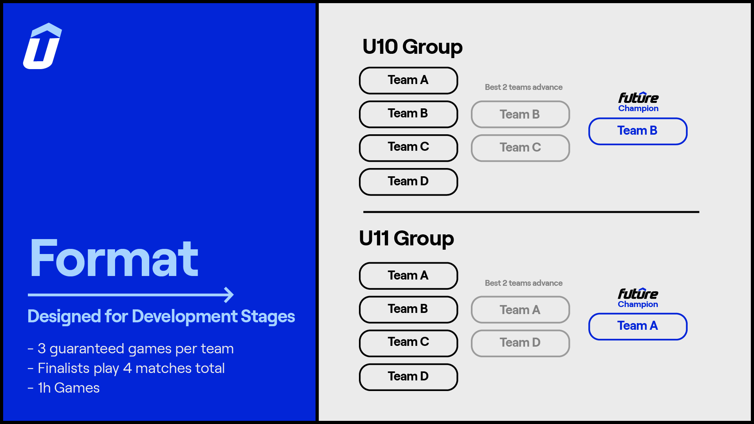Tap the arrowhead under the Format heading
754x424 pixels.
tap(229, 295)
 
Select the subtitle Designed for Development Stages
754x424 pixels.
tap(161, 316)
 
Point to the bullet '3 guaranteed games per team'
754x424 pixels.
tap(131, 349)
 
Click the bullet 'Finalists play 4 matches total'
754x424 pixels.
tap(126, 368)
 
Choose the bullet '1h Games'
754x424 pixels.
tap(64, 388)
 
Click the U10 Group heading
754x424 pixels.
tap(412, 47)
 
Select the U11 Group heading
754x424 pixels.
tap(406, 239)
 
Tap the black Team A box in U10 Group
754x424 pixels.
tap(408, 80)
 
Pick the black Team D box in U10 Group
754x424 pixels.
tap(408, 182)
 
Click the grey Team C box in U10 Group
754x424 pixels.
tap(520, 148)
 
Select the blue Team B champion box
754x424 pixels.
tap(638, 131)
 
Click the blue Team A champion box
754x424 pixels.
tap(638, 326)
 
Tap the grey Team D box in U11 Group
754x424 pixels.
tap(520, 343)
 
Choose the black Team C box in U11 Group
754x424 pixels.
tap(408, 343)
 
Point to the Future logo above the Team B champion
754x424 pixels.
tap(638, 98)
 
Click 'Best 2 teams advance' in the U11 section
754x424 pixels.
tap(523, 283)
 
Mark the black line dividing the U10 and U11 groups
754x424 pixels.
tap(531, 212)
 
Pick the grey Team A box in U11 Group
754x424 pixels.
tap(520, 309)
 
